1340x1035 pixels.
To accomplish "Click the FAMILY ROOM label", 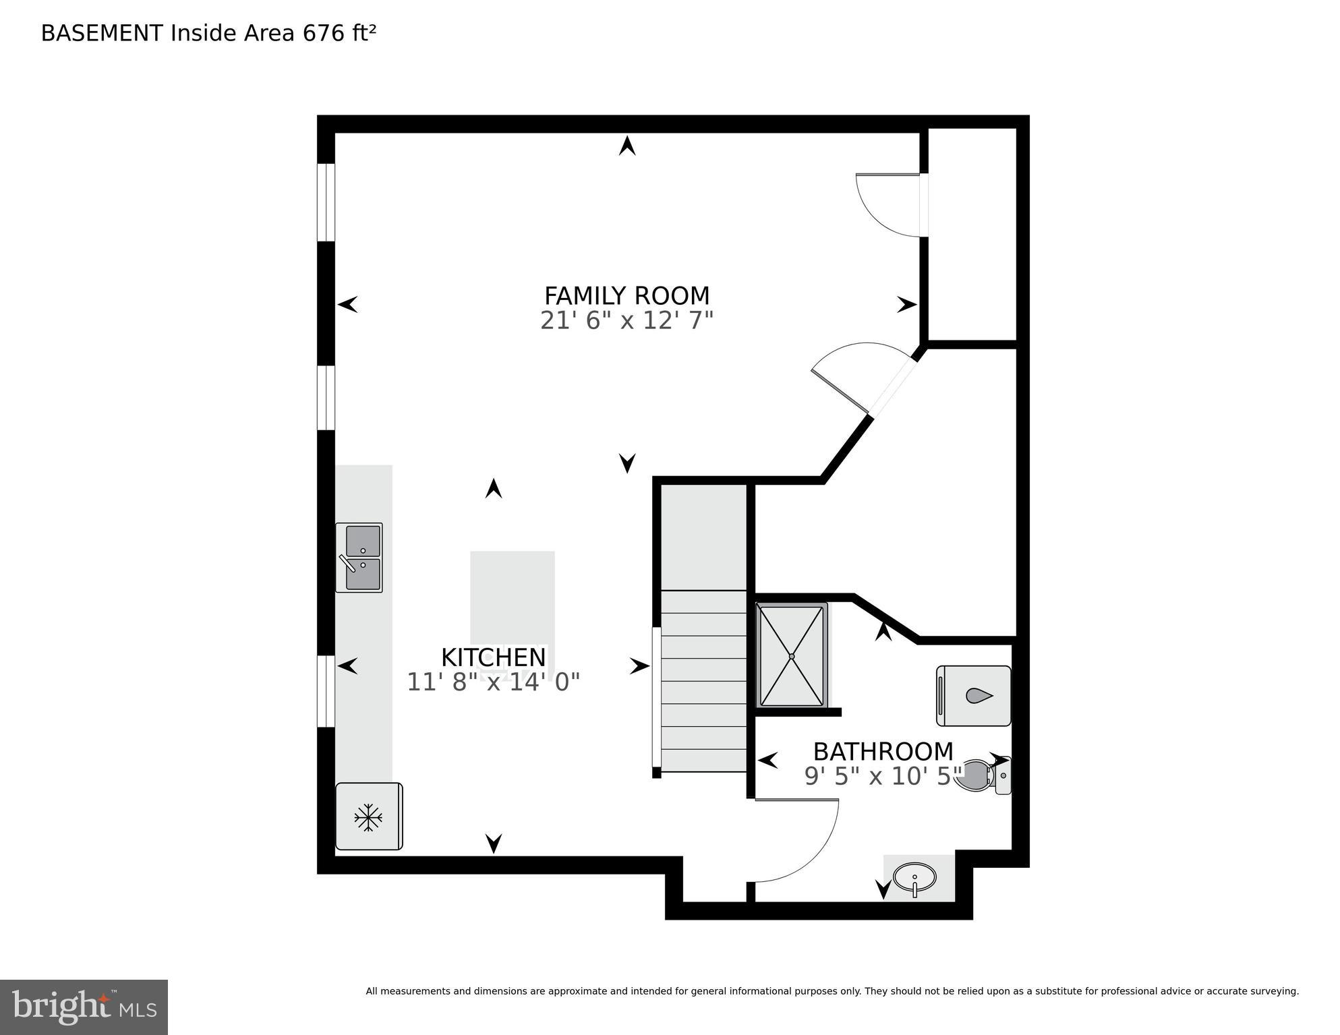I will pos(627,296).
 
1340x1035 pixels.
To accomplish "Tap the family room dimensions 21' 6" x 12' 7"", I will pos(627,320).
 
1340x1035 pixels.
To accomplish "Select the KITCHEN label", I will pos(493,657).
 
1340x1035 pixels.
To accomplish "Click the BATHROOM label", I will pos(883,751).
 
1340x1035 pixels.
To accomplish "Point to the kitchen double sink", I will pos(359,558).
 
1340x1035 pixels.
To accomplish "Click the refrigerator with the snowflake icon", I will pos(369,817).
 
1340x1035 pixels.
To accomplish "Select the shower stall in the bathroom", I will pos(792,655).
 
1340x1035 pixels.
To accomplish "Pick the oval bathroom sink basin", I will pos(914,877).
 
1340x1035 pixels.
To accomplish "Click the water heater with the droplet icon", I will pos(973,696).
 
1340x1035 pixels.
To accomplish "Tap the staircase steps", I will pos(703,681).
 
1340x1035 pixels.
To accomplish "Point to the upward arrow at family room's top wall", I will pos(627,146).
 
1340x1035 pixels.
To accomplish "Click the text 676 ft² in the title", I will pos(339,33).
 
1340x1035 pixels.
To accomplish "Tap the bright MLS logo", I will pos(84,1007).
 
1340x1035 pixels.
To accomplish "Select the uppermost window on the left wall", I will pos(326,202).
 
